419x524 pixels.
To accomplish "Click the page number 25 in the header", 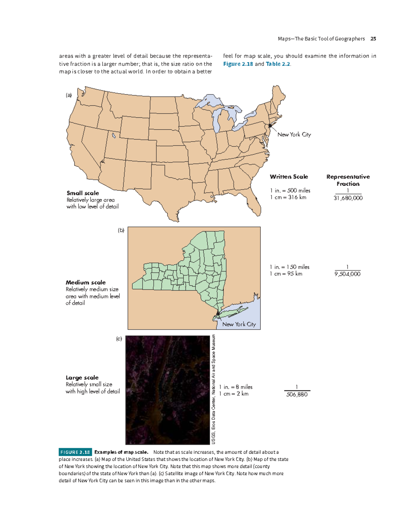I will tap(373, 39).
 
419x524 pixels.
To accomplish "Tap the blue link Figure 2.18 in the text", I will tap(238, 64).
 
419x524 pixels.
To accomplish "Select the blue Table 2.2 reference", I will tap(278, 64).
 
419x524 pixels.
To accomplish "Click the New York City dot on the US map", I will tap(270, 126).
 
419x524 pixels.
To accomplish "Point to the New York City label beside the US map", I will tap(294, 135).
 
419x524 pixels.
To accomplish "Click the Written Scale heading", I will tap(289, 177).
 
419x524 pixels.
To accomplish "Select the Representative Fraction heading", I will tap(348, 180).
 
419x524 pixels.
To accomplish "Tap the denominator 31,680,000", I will tap(348, 198).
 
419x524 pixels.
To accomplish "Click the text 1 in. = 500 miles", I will tap(290, 190).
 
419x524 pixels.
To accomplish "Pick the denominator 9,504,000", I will tap(347, 274).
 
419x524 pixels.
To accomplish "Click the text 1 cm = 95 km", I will tap(286, 274).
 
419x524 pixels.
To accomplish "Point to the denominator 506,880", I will tap(297, 395).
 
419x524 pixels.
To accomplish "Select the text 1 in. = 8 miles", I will tap(236, 387).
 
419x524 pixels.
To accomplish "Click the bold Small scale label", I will tap(83, 193).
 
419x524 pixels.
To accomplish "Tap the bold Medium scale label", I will tap(86, 283).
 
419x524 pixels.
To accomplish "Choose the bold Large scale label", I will tap(82, 377).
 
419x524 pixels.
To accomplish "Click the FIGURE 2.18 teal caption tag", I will tap(75, 452).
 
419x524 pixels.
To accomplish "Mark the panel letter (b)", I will tap(121, 230).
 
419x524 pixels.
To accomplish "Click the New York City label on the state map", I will tap(239, 324).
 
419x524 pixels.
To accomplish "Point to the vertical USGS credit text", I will tap(213, 389).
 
